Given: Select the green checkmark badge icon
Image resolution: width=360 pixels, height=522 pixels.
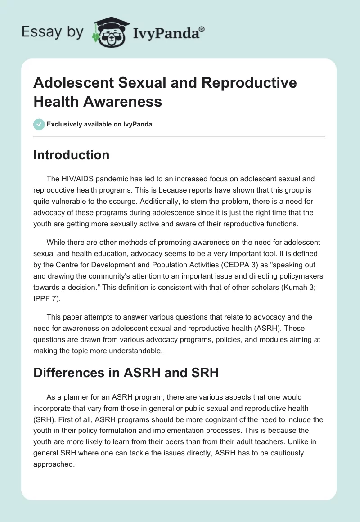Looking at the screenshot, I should [39, 124].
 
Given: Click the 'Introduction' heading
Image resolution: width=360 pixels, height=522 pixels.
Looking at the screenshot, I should [71, 155].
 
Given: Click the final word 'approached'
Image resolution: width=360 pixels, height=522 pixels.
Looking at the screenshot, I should [53, 464].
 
